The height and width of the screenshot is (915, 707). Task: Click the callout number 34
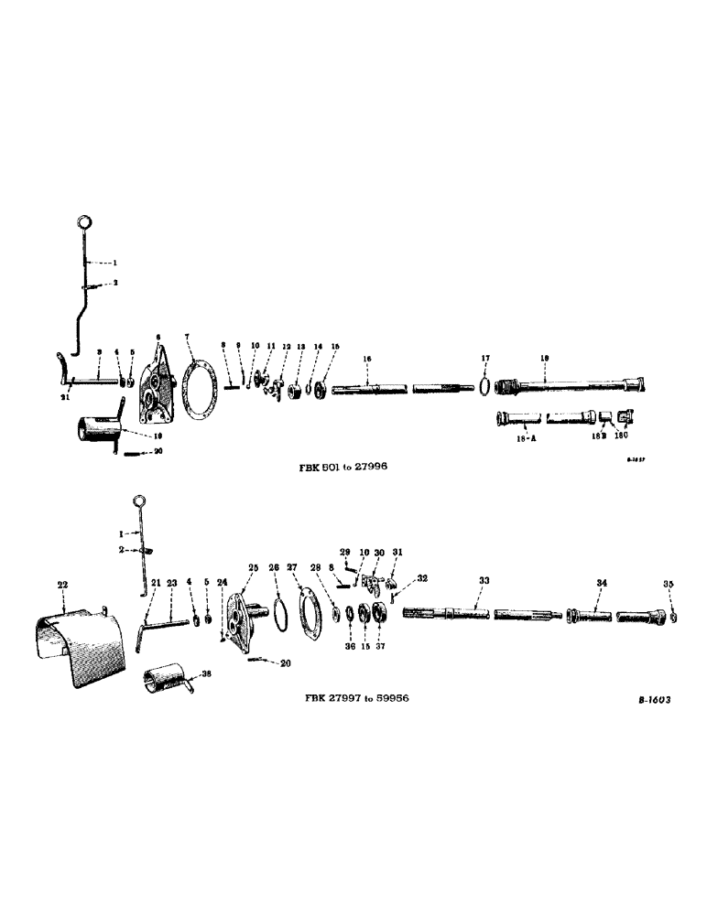tap(601, 582)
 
